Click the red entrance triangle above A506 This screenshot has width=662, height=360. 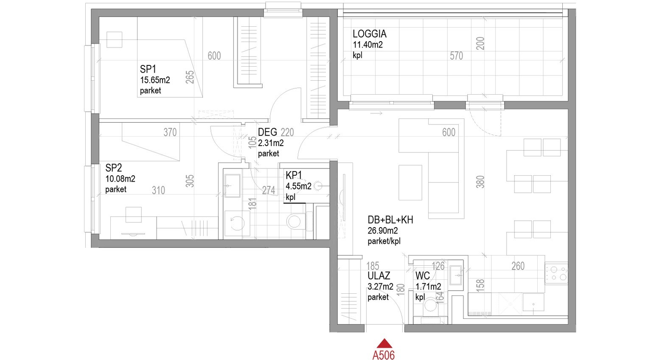tap(384, 343)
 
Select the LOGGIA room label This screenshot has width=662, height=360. tap(370, 34)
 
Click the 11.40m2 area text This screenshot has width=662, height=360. tap(367, 45)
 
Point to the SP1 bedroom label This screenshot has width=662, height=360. tap(148, 69)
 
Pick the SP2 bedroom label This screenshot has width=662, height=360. tap(113, 168)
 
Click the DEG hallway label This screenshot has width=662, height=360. tap(267, 132)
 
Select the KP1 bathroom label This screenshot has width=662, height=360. tap(294, 175)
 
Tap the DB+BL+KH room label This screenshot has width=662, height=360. tap(390, 220)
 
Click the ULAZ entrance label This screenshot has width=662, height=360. tap(379, 276)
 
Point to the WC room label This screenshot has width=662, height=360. tap(422, 276)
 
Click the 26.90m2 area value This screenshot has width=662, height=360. tap(382, 231)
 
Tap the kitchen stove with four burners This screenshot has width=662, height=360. tap(556, 273)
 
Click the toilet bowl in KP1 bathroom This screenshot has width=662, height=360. tap(295, 221)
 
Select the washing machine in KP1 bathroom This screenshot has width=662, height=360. tap(237, 223)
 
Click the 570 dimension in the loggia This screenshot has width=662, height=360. tap(456, 56)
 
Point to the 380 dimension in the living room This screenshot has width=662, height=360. tap(480, 182)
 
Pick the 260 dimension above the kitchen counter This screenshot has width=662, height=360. tap(518, 266)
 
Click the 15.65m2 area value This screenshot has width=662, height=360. tap(155, 80)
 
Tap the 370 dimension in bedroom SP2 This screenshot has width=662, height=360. tap(170, 132)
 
